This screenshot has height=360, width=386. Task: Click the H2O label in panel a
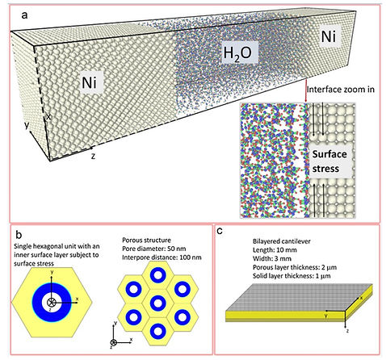click(237, 53)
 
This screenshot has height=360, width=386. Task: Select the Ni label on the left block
click(89, 82)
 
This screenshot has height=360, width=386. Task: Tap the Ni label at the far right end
click(329, 36)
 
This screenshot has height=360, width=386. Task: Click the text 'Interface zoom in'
click(341, 90)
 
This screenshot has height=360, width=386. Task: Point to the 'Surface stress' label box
click(329, 161)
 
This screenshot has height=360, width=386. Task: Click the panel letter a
click(24, 15)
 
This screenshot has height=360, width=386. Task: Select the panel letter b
click(19, 235)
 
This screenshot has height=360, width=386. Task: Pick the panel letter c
click(220, 231)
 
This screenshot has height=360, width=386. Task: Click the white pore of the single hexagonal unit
click(51, 302)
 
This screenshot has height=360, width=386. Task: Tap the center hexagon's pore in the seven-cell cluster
click(157, 303)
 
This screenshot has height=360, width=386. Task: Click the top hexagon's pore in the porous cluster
click(157, 275)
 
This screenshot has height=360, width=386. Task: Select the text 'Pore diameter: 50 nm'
click(154, 249)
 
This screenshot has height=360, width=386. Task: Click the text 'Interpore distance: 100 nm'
click(162, 257)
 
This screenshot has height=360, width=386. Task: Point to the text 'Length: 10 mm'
click(275, 250)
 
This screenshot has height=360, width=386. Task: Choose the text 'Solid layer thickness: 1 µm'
click(292, 276)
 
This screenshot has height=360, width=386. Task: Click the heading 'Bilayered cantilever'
click(282, 241)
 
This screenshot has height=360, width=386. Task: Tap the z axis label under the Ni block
click(93, 156)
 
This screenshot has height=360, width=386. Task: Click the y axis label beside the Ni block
click(27, 125)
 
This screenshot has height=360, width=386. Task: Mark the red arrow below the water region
click(306, 90)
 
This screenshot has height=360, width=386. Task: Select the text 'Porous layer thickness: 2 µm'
click(295, 267)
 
